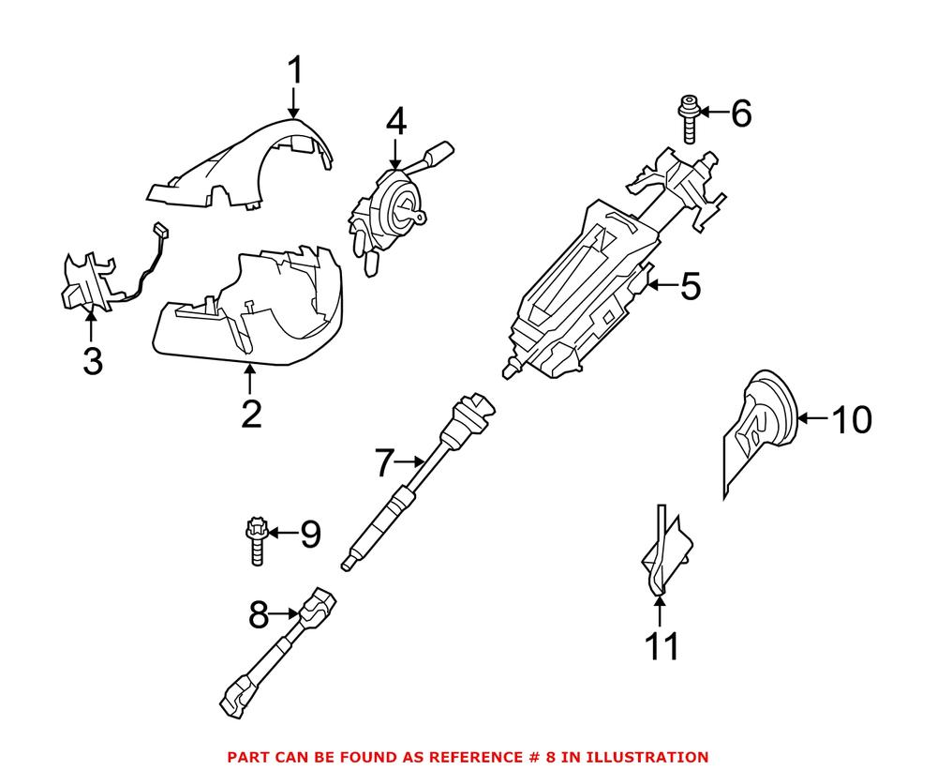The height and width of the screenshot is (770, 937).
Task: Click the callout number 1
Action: tap(295, 71)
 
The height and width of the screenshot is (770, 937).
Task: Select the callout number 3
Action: tap(92, 361)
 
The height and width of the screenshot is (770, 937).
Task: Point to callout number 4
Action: tap(396, 121)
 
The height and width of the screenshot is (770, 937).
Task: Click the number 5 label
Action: tap(690, 286)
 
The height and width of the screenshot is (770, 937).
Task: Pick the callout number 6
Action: tap(740, 113)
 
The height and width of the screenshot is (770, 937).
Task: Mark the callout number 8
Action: tap(258, 616)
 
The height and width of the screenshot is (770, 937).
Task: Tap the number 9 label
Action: tap(309, 536)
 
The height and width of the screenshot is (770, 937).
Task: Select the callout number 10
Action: tap(852, 419)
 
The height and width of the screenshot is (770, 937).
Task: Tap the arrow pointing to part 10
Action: tap(814, 419)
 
